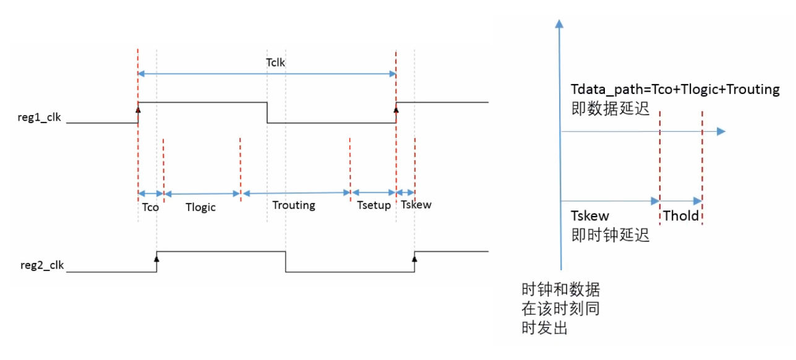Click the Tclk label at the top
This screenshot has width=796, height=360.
[275, 62]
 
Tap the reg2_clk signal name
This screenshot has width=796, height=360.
[42, 267]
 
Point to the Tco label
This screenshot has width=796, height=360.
[150, 207]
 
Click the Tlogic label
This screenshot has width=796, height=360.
[201, 207]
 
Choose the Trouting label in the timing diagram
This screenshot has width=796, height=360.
[294, 205]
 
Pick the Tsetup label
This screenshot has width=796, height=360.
[374, 205]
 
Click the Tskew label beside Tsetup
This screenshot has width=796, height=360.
[416, 205]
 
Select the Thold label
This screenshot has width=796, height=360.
[680, 216]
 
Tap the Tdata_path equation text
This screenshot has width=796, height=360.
[675, 90]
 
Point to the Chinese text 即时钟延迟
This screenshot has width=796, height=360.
[610, 235]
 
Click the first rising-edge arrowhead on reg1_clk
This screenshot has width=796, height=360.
[139, 109]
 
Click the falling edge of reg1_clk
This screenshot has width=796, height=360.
[267, 112]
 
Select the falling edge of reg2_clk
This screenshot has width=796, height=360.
[286, 261]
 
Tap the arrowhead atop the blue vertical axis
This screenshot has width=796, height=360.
[560, 24]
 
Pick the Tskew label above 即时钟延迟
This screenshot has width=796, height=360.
[590, 216]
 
